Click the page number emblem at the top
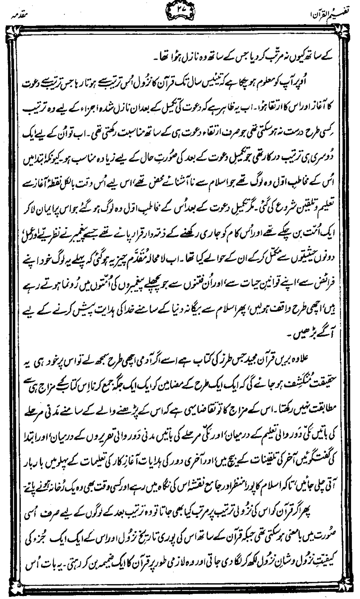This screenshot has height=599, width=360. (x=178, y=11)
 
